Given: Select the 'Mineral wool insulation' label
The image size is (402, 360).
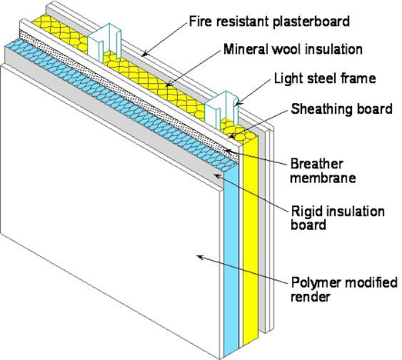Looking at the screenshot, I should (x=292, y=49).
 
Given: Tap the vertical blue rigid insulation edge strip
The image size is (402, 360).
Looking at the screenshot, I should (x=232, y=254).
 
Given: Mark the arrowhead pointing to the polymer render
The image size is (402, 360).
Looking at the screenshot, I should (x=199, y=257).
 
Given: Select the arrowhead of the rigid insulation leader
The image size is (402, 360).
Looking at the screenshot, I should (x=219, y=175).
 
